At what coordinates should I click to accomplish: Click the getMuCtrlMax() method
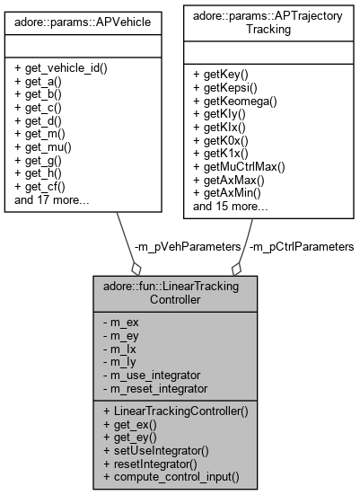[x=245, y=166]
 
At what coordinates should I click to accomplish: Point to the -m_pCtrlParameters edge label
[x=299, y=245]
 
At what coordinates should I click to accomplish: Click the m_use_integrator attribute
[x=164, y=373]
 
